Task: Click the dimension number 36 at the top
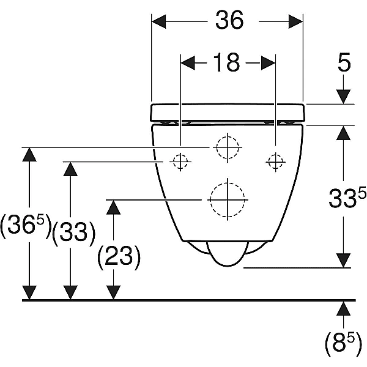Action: (229, 20)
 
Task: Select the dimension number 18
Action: (226, 62)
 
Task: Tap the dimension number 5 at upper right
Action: (344, 62)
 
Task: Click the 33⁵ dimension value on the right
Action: (347, 198)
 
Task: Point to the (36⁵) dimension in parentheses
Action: (26, 226)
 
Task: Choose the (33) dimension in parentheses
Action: (74, 233)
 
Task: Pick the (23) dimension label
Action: (119, 257)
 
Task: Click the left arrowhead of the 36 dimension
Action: (158, 21)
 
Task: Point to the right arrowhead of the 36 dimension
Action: (295, 21)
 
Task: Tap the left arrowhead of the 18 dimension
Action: (188, 63)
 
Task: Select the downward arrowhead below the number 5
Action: (343, 97)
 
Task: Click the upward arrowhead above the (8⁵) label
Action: (343, 308)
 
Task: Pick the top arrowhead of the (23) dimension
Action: (113, 207)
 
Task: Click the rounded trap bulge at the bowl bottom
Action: (228, 266)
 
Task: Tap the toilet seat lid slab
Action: (228, 113)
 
